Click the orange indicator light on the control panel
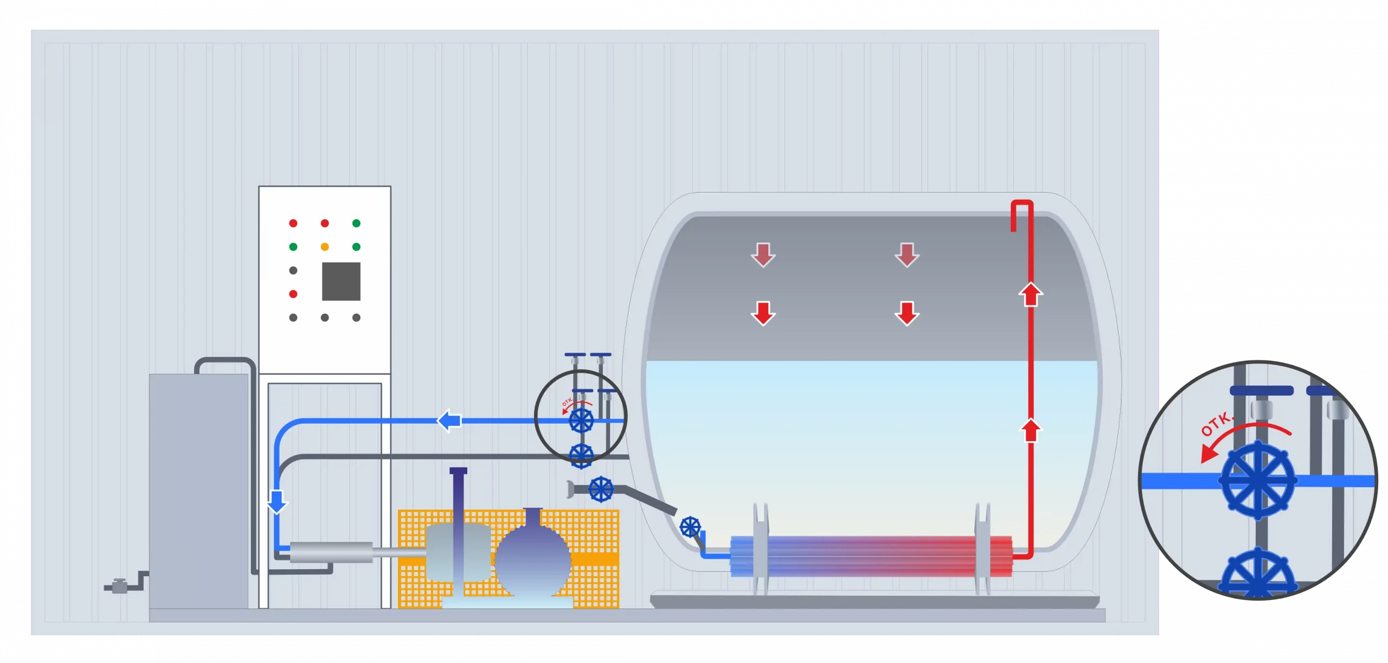coord(325,247)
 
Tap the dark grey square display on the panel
coord(341,281)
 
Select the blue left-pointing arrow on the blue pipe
coord(449,420)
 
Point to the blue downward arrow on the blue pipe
coord(277,501)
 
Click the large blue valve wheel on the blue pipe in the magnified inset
coord(1258,480)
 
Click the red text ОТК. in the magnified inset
coord(1217,424)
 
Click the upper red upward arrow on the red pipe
coord(1031,295)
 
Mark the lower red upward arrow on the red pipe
coord(1031,431)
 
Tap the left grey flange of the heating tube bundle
coord(761,548)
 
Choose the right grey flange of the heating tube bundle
coord(982,548)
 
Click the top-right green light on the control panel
coord(356,223)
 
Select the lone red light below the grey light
coord(293,294)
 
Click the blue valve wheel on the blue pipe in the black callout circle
coord(581,420)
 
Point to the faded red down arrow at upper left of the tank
coord(763,254)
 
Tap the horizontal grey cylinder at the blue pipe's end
coord(331,552)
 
